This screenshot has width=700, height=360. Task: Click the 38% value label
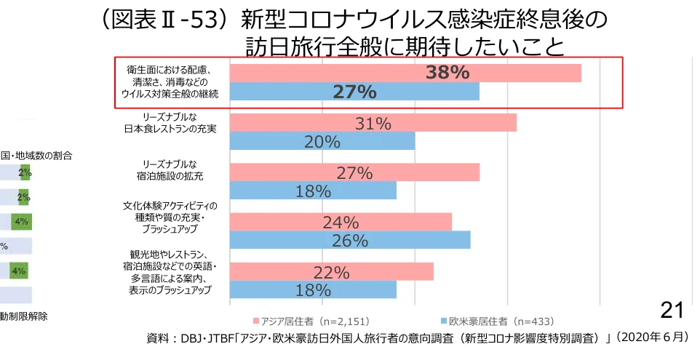pyautogui.click(x=447, y=73)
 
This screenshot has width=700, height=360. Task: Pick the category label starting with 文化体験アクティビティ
pyautogui.click(x=170, y=217)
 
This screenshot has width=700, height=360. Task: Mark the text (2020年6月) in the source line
pyautogui.click(x=651, y=338)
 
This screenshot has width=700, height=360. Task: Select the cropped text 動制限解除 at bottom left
pyautogui.click(x=24, y=316)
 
